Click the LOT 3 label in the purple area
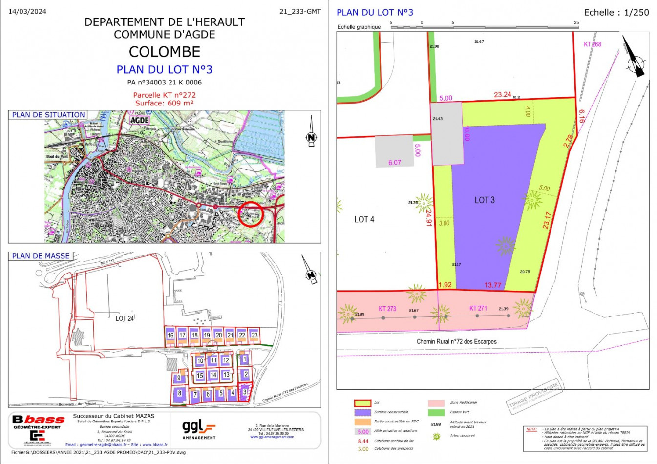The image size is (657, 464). [484, 200]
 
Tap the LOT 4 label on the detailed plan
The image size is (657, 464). [364, 219]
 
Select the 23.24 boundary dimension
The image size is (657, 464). [502, 95]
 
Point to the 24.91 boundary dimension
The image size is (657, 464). [429, 215]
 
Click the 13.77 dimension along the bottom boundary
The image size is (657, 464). [492, 285]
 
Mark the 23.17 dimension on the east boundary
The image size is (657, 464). [547, 220]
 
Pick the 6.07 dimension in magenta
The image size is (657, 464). [394, 163]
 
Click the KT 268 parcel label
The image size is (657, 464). [592, 44]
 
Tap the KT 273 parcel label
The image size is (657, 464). [387, 309]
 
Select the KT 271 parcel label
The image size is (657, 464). [478, 308]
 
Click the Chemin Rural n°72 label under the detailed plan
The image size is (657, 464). [456, 341]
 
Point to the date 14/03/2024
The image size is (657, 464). [27, 12]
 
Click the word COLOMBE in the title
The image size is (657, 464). [165, 52]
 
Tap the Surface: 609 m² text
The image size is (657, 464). [164, 103]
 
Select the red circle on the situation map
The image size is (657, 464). [251, 214]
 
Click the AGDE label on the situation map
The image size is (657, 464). [139, 120]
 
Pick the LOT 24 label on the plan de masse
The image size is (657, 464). [125, 318]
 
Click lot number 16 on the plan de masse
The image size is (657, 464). [170, 336]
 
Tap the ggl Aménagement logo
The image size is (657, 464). [198, 429]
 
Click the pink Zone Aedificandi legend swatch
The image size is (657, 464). [436, 403]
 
